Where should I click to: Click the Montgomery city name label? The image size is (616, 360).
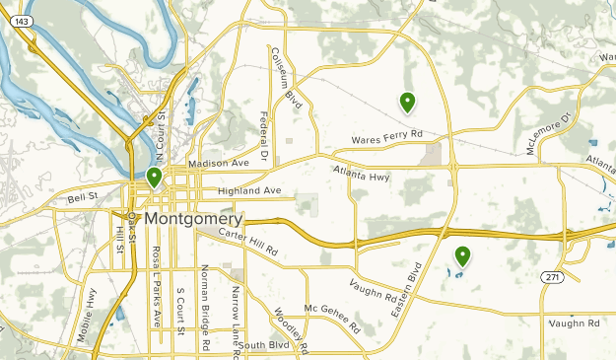coord(193,218)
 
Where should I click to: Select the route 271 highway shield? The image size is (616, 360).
coord(554,278)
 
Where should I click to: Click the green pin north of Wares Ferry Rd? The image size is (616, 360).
coord(406,101)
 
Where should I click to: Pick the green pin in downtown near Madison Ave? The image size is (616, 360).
coord(154,178)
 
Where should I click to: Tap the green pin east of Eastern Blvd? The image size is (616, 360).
coord(461,256)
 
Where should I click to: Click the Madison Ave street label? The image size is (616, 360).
coord(219,163)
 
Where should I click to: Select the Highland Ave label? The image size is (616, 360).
coord(250,190)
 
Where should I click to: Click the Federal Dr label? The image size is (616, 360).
coord(264,135)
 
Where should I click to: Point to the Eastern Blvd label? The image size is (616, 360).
coord(415,291)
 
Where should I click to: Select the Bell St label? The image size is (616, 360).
coord(84,198)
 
